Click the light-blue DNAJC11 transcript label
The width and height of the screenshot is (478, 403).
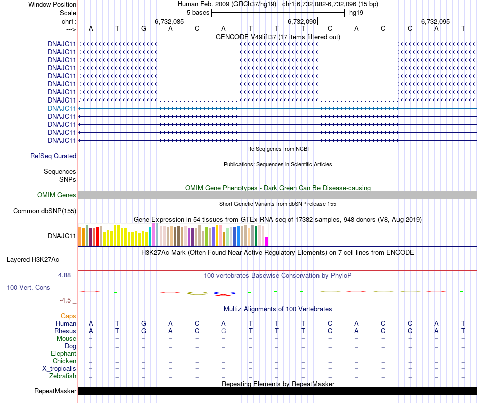[62, 108]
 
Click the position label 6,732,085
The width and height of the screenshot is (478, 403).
[169, 22]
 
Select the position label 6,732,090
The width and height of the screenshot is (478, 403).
[302, 22]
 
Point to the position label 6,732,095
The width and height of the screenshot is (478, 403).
[435, 22]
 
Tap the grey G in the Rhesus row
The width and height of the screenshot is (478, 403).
[223, 331]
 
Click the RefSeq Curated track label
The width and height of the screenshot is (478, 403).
[53, 156]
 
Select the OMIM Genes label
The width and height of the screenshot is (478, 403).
[57, 195]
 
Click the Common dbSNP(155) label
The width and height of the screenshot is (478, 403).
[44, 211]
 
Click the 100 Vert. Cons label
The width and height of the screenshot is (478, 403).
[28, 287]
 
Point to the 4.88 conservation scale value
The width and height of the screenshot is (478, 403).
[65, 275]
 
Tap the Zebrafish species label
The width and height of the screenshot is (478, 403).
[63, 376]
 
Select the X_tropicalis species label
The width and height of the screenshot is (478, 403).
[59, 368]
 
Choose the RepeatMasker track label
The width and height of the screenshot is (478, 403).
[55, 391]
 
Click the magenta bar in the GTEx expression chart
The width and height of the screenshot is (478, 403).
[267, 241]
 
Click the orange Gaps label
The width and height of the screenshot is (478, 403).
[68, 316]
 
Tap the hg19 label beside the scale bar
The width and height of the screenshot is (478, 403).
[356, 12]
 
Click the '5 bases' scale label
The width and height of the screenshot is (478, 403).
[198, 12]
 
